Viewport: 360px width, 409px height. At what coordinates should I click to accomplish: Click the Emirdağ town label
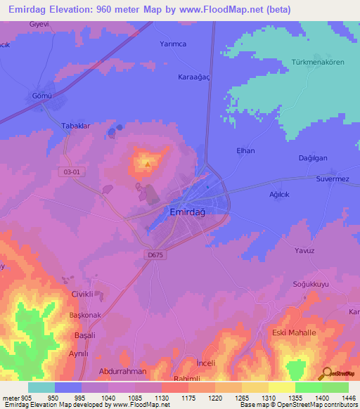click(x=188, y=211)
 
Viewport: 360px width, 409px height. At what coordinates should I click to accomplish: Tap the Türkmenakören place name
click(x=317, y=62)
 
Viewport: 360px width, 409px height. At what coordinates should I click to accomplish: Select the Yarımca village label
click(x=172, y=44)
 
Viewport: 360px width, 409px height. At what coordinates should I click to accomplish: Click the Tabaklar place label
click(x=77, y=126)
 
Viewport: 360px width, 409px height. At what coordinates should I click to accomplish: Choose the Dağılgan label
click(x=313, y=158)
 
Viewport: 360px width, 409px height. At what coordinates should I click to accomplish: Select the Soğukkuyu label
click(x=310, y=285)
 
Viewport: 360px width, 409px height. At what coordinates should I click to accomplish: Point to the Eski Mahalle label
click(x=294, y=332)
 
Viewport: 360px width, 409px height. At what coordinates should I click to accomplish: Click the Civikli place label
click(x=82, y=294)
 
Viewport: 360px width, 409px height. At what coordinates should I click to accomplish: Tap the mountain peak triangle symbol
click(x=146, y=164)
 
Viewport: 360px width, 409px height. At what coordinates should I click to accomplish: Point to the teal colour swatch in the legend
click(x=41, y=387)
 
